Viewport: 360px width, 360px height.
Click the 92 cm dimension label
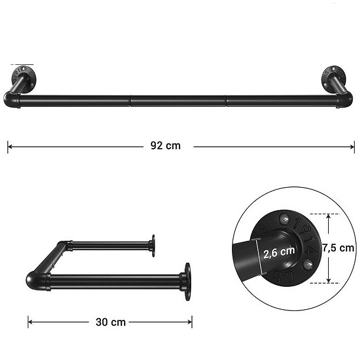[165, 146]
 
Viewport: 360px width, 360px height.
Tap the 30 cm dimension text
[110, 322]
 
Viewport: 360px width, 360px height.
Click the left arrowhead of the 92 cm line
[9, 146]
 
